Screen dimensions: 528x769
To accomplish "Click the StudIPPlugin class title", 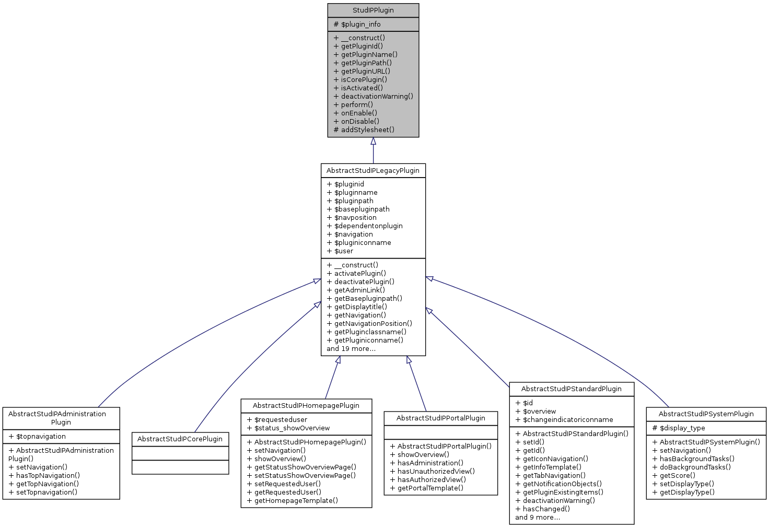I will pyautogui.click(x=373, y=10).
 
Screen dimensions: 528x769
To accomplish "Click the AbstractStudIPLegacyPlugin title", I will pyautogui.click(x=373, y=171).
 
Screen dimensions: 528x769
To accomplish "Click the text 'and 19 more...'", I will pyautogui.click(x=351, y=349).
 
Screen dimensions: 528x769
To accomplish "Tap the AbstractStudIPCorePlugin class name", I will pyautogui.click(x=180, y=439).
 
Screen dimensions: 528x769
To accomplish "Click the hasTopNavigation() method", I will pyautogui.click(x=48, y=476).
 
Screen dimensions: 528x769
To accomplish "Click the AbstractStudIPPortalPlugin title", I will pyautogui.click(x=440, y=418).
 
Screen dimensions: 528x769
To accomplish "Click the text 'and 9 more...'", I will pyautogui.click(x=537, y=518).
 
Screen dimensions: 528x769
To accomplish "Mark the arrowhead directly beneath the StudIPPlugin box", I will pyautogui.click(x=373, y=141).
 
